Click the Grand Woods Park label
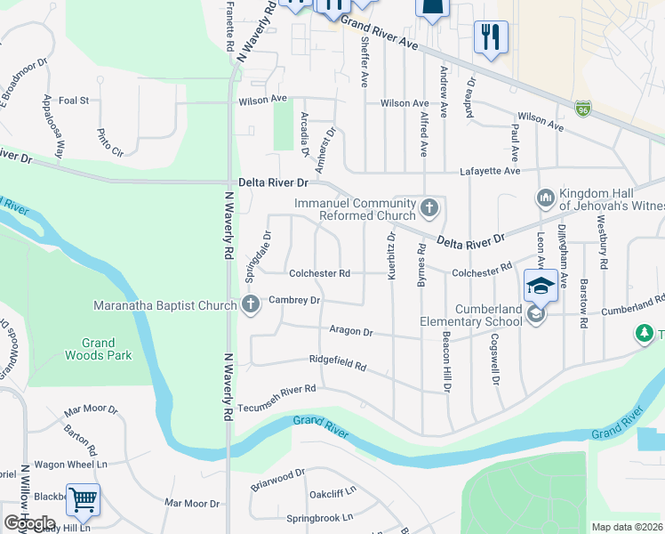[x=98, y=349]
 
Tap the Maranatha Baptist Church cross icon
[x=251, y=305]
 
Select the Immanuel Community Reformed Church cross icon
[x=429, y=209]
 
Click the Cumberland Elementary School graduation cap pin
[x=541, y=287]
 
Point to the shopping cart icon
[x=83, y=500]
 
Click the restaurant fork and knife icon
[x=491, y=37]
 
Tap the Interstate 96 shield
[x=583, y=108]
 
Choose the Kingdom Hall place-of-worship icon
[x=546, y=197]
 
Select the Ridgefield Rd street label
[x=338, y=364]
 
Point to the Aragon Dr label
[x=350, y=331]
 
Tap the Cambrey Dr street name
[x=294, y=301]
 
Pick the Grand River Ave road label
[x=379, y=32]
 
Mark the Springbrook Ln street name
[x=320, y=518]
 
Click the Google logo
[x=29, y=522]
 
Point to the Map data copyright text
[x=627, y=527]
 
